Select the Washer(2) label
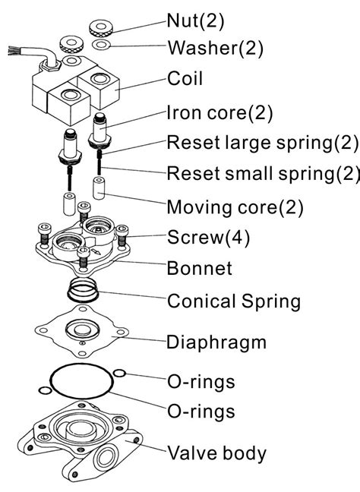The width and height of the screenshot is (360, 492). coord(215,49)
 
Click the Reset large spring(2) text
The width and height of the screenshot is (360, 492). coord(262,143)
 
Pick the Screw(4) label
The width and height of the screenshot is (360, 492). coord(208,237)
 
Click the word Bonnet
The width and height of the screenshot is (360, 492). coord(200,268)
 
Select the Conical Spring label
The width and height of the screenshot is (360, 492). coord(234,301)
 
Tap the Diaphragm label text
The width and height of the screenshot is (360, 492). coord(216,341)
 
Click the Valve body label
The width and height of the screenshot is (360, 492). coord(216,454)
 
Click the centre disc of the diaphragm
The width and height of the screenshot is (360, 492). coord(81,331)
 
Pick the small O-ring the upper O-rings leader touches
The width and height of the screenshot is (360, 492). coord(119,373)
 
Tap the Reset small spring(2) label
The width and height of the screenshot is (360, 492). coord(263,174)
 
